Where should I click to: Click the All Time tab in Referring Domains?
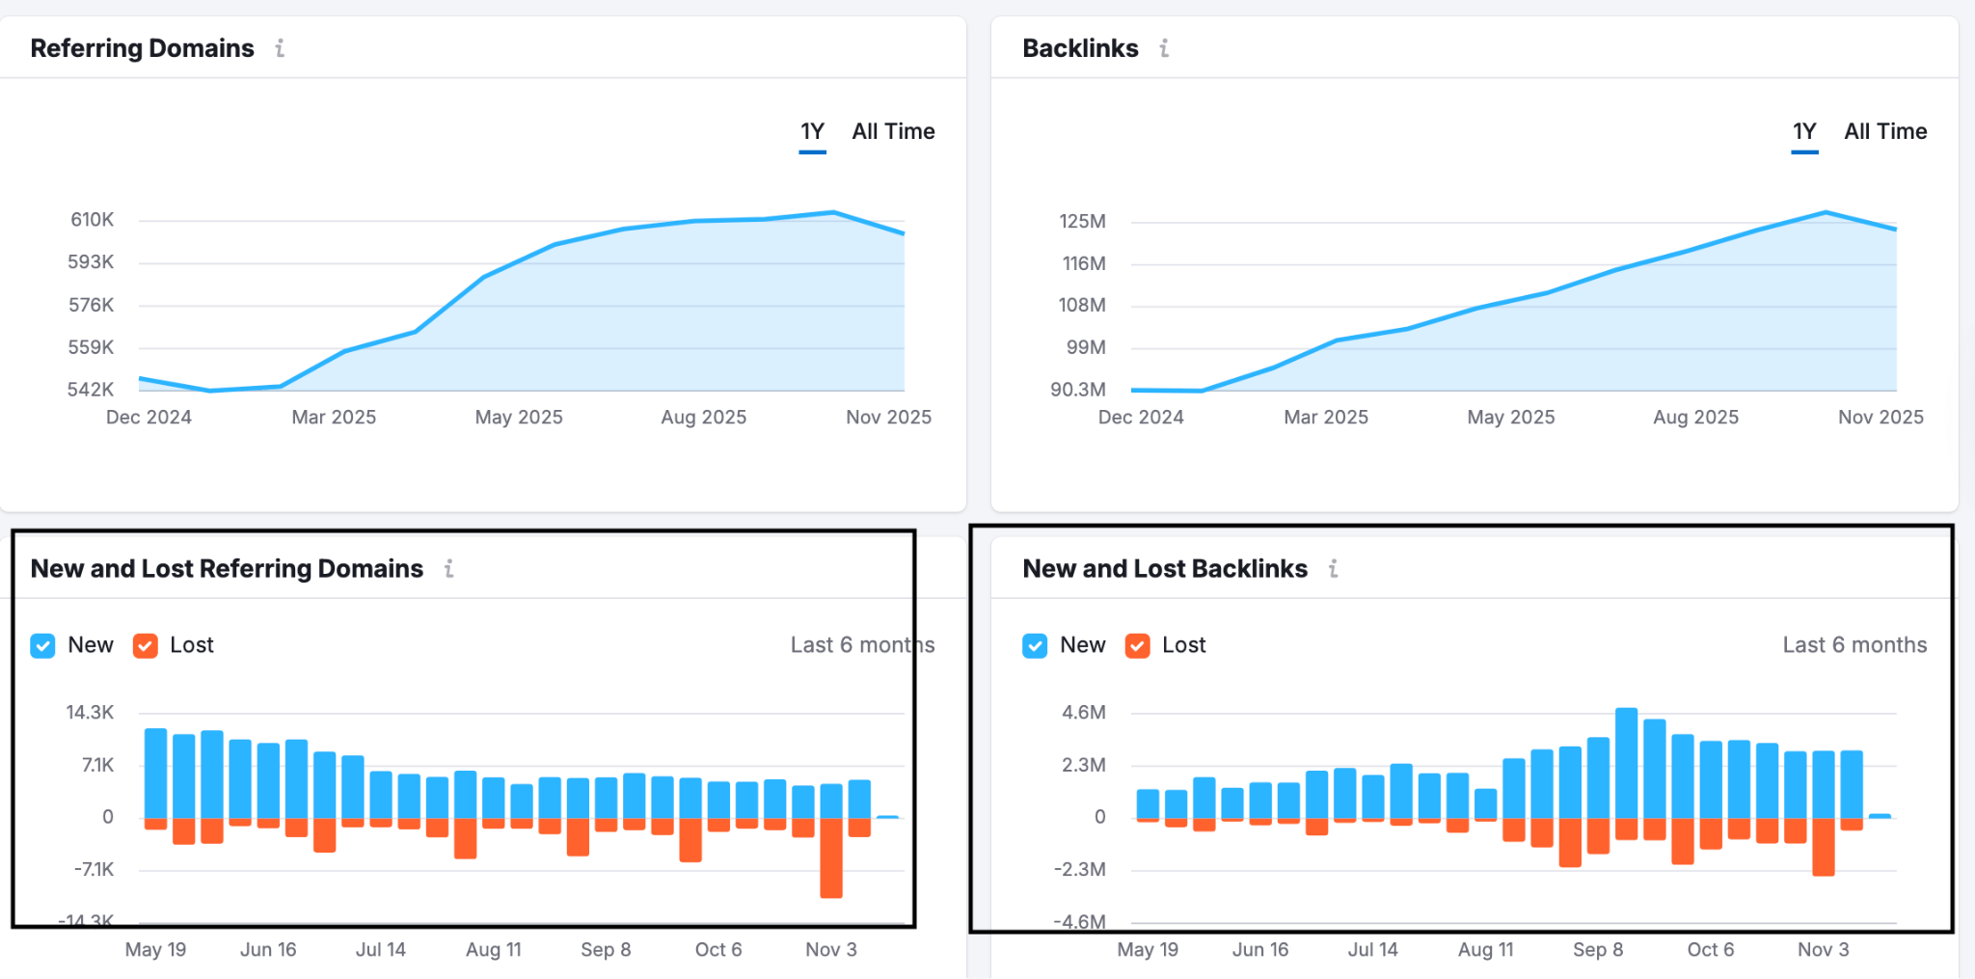click(x=893, y=131)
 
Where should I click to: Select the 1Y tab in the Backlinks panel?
click(x=1803, y=131)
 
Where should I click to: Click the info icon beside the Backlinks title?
click(x=1164, y=48)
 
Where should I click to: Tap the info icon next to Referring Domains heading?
click(x=280, y=48)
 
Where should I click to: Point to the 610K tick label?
click(x=93, y=220)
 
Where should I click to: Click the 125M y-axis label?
click(x=1082, y=221)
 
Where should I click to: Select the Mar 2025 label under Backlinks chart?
click(x=1325, y=417)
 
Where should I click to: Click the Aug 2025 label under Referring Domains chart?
click(x=703, y=417)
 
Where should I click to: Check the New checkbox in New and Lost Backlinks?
click(x=1035, y=645)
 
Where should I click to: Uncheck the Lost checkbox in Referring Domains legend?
click(x=146, y=645)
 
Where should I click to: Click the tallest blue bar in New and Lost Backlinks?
click(x=1626, y=762)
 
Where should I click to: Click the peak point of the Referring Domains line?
click(x=833, y=212)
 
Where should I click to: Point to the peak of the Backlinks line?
click(x=1826, y=212)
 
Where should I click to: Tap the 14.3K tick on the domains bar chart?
click(x=90, y=713)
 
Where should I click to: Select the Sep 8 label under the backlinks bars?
click(x=1597, y=949)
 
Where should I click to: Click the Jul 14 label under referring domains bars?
click(x=380, y=949)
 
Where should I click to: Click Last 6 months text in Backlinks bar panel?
click(x=1853, y=645)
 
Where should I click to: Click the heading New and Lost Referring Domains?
click(x=227, y=569)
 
